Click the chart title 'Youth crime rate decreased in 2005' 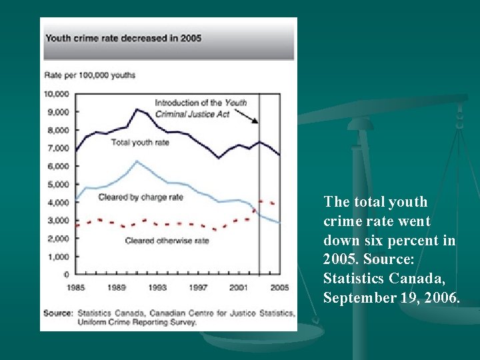(123, 38)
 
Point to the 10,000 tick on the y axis (57, 93)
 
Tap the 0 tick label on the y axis (67, 274)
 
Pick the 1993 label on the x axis (157, 287)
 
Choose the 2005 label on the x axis (279, 287)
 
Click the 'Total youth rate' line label (140, 142)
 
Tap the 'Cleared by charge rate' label (140, 197)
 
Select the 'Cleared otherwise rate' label (167, 241)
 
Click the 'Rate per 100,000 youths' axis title (89, 75)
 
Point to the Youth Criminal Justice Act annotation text (200, 108)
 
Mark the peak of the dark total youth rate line (137, 109)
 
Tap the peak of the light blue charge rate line (137, 161)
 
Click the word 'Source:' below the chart (58, 313)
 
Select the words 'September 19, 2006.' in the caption (391, 297)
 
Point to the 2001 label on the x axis (238, 287)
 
